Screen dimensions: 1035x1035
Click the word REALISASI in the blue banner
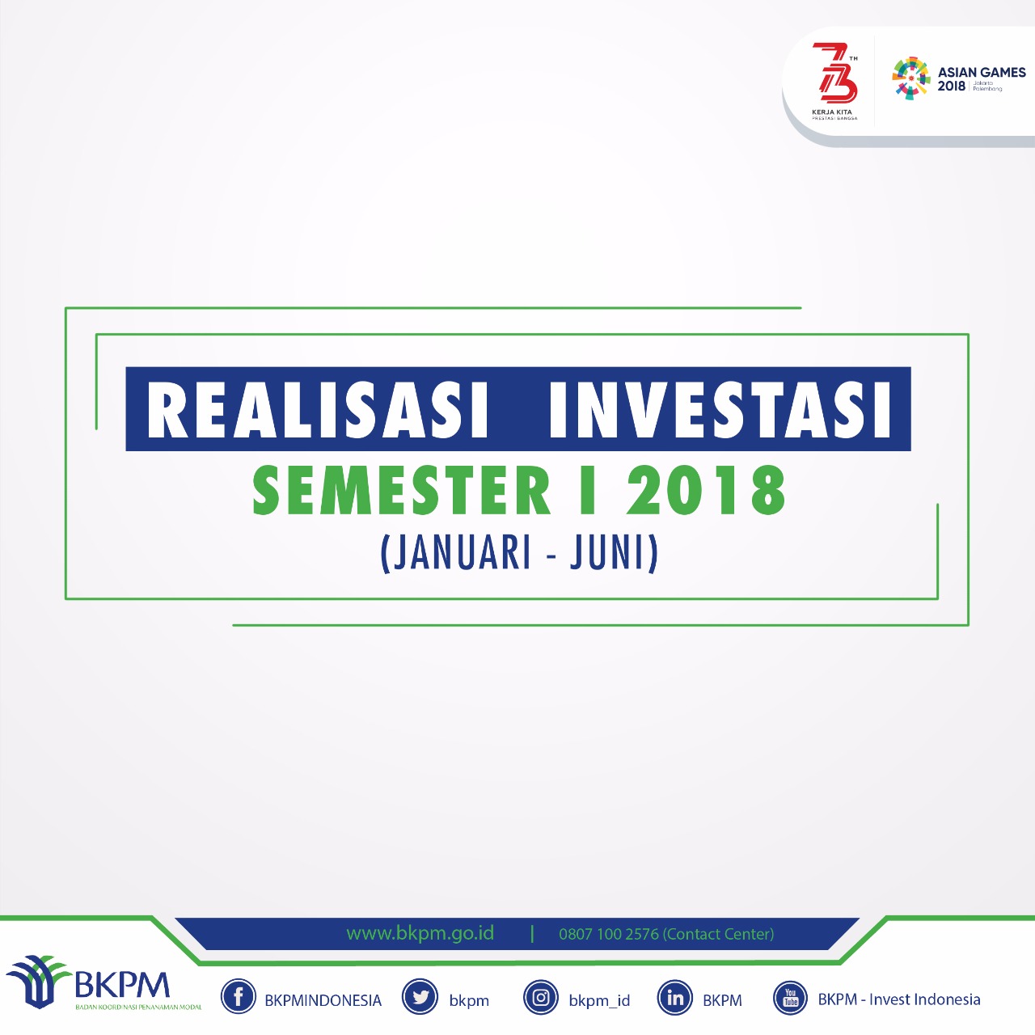pos(318,409)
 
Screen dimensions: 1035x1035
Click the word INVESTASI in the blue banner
pos(720,409)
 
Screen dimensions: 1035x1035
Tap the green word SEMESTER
pos(401,491)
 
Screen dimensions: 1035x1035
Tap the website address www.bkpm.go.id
pos(420,933)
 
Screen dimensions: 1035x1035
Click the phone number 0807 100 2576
pos(609,934)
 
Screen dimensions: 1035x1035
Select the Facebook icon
pos(239,998)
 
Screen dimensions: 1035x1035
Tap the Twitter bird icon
pos(420,998)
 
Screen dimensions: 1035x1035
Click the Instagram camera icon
pos(541,998)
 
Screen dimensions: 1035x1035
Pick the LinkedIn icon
pos(675,998)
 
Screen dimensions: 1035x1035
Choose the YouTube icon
pos(790,998)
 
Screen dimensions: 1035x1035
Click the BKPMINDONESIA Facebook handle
pos(323,1000)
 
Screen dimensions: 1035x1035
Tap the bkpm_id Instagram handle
pos(599,1000)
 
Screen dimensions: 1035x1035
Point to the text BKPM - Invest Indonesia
pos(899,999)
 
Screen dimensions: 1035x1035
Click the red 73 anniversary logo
pos(834,74)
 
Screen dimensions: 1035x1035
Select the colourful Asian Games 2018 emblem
pos(911,78)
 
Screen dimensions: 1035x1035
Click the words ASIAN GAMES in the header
pos(982,72)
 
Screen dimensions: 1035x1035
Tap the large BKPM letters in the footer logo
pos(122,985)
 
